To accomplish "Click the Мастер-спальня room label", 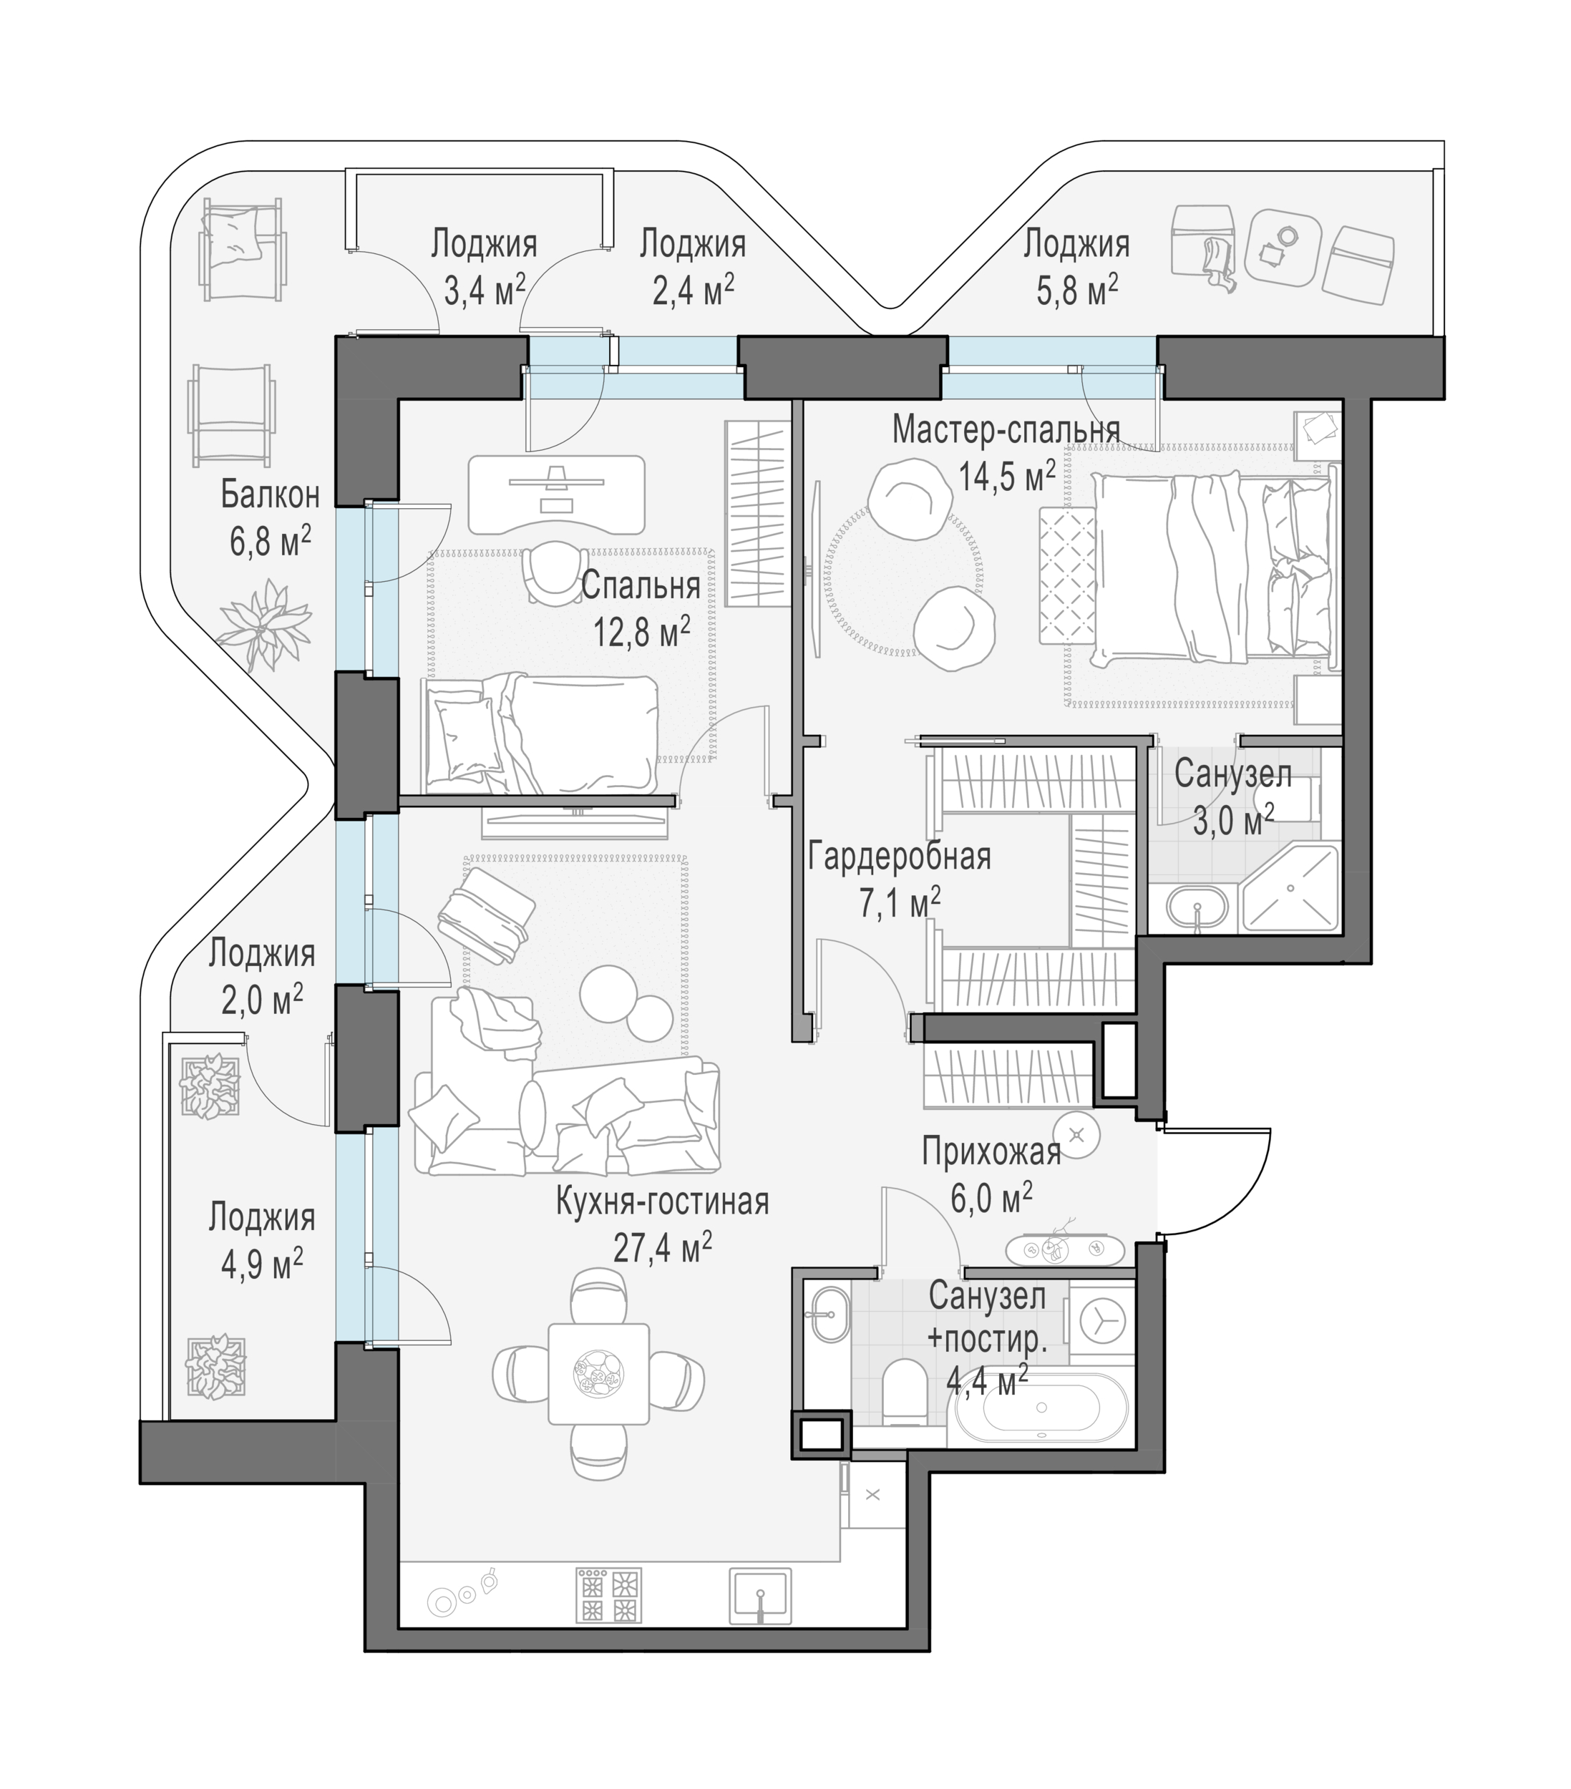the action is (x=1006, y=430).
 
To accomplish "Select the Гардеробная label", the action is (x=899, y=857).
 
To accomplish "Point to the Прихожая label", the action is (x=991, y=1153).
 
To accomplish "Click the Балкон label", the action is (x=270, y=495).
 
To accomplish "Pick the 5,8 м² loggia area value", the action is (x=1076, y=290).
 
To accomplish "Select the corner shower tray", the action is (x=1289, y=887).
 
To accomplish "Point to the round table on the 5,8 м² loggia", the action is (x=1281, y=246).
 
